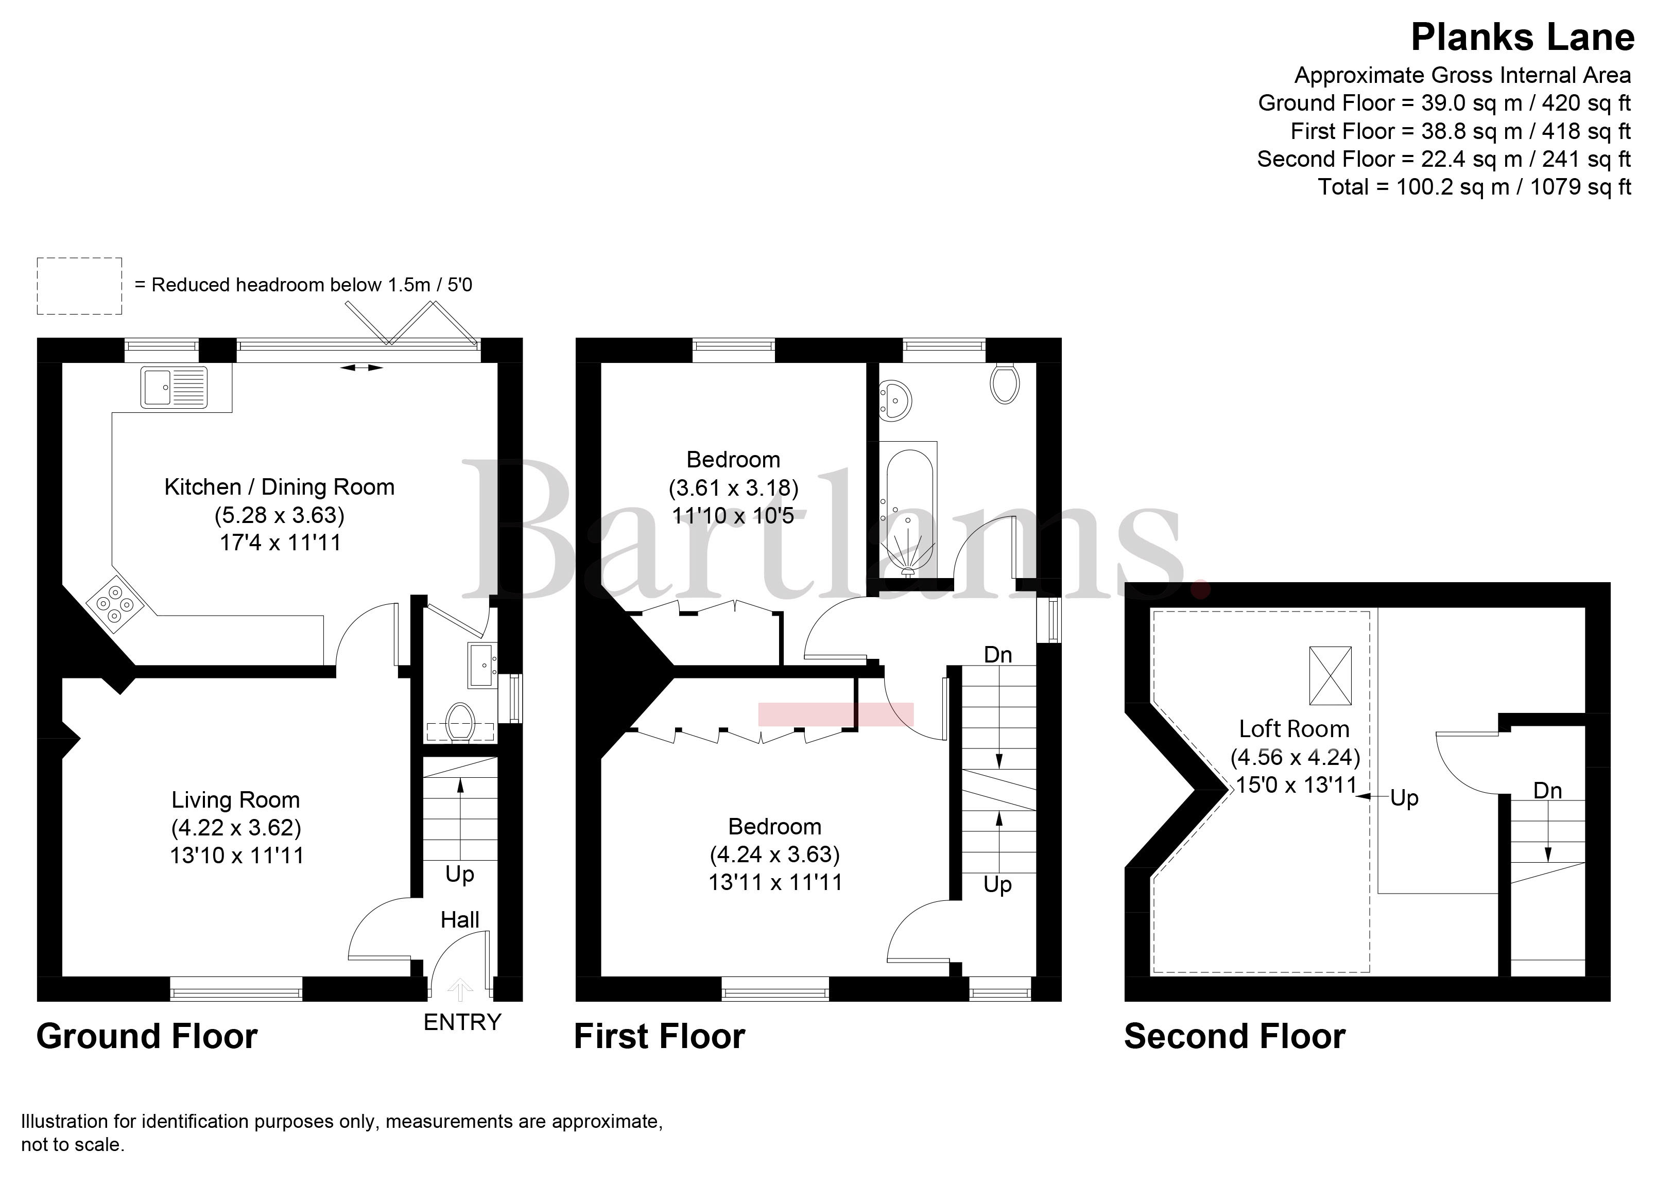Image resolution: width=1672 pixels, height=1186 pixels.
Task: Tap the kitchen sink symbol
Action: coord(175,387)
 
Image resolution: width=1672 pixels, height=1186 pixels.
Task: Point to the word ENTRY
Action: coord(462,1022)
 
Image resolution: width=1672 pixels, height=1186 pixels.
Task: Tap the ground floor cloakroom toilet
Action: coord(460,722)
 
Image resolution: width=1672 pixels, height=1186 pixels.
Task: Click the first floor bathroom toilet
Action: coord(1005,383)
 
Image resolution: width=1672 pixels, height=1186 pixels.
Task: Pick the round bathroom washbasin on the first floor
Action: coord(895,400)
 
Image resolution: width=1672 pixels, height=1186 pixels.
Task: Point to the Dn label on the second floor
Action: coord(1547,790)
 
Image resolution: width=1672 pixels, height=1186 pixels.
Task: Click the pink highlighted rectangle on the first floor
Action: coord(836,714)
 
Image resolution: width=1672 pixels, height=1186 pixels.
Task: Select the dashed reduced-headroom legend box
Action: coord(80,286)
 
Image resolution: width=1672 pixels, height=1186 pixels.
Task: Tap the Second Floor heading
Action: coord(1234,1036)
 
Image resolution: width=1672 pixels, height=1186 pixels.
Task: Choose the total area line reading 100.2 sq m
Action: coord(1474,187)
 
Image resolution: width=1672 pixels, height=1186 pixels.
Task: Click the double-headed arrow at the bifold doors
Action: coord(361,368)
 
